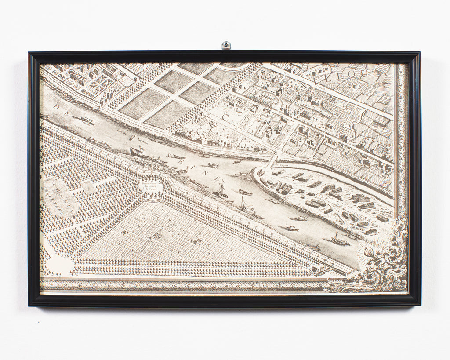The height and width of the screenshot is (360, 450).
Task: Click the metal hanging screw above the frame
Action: click(x=226, y=45)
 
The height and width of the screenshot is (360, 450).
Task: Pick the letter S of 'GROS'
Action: click(x=240, y=112)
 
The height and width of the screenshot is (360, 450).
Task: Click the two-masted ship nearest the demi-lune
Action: click(x=221, y=192)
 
